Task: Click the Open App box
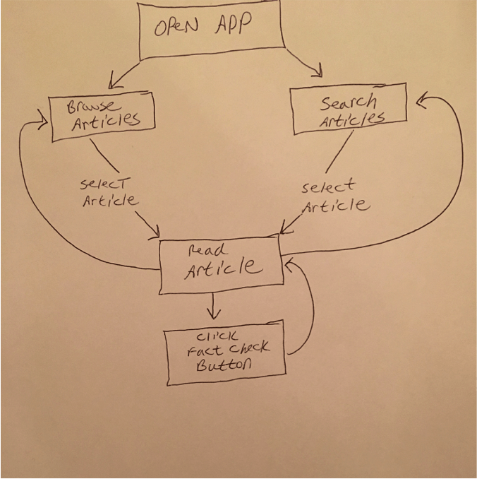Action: point(212,31)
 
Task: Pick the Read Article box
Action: point(220,266)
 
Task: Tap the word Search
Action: point(349,102)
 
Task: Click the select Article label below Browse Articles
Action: point(109,192)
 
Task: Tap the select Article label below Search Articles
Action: point(333,197)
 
